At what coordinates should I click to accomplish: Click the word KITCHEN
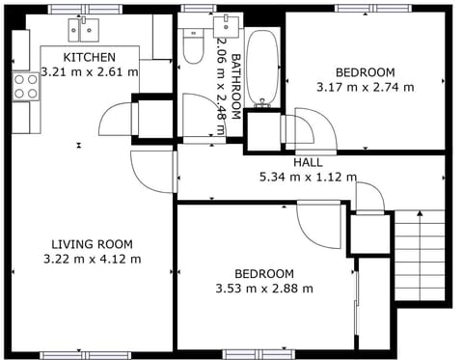(x=90, y=58)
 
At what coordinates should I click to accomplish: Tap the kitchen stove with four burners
(x=25, y=87)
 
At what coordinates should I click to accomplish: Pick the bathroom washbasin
(x=230, y=23)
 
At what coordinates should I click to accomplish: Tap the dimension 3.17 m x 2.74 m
(x=365, y=87)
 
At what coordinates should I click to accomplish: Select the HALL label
(x=308, y=162)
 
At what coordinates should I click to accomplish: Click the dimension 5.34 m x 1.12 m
(x=308, y=177)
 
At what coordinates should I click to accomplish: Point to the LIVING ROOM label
(x=93, y=244)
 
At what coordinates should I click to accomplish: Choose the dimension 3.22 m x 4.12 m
(x=93, y=259)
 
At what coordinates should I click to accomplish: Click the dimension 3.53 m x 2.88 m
(x=264, y=288)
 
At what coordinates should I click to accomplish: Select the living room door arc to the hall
(x=150, y=171)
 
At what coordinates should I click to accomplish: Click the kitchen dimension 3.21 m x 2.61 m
(x=90, y=72)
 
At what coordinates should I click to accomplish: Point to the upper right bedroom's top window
(x=366, y=9)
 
